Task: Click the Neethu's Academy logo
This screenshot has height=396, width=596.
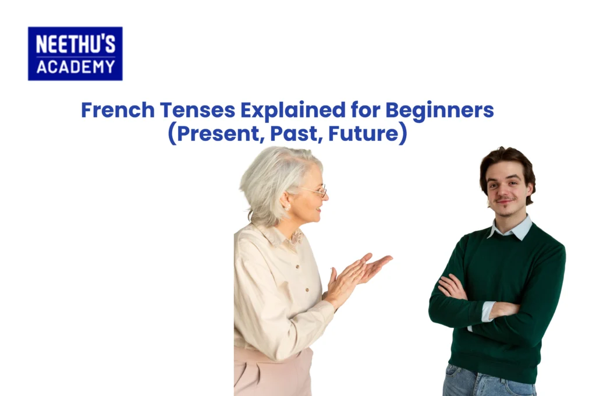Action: coord(75,53)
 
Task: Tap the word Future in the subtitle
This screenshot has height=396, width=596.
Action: coord(363,135)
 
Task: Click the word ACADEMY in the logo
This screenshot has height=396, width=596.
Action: coord(75,66)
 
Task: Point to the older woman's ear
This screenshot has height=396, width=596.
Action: coord(286,201)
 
